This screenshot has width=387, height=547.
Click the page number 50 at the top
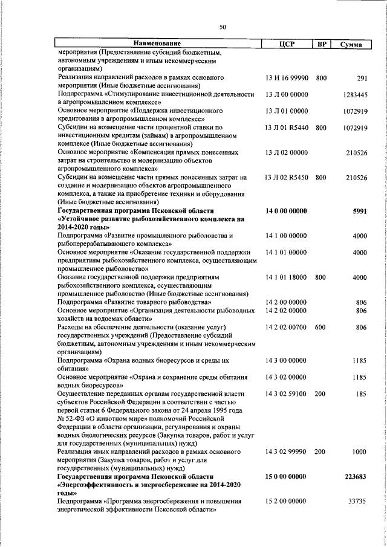[x=223, y=27]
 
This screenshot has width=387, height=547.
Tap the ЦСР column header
[x=287, y=44]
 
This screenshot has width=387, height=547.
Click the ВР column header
[x=321, y=44]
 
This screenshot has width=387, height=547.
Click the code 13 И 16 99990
[x=287, y=78]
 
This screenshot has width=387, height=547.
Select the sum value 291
[x=362, y=78]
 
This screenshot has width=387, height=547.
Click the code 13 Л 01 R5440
[x=287, y=128]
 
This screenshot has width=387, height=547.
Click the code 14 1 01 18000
[x=287, y=277]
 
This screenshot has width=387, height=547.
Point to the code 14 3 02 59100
[x=287, y=393]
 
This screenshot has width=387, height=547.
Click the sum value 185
[x=362, y=393]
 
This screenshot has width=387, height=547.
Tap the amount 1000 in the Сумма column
[x=360, y=452]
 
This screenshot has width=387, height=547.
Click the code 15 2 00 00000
[x=287, y=501]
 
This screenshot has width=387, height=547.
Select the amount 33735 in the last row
[x=357, y=501]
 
